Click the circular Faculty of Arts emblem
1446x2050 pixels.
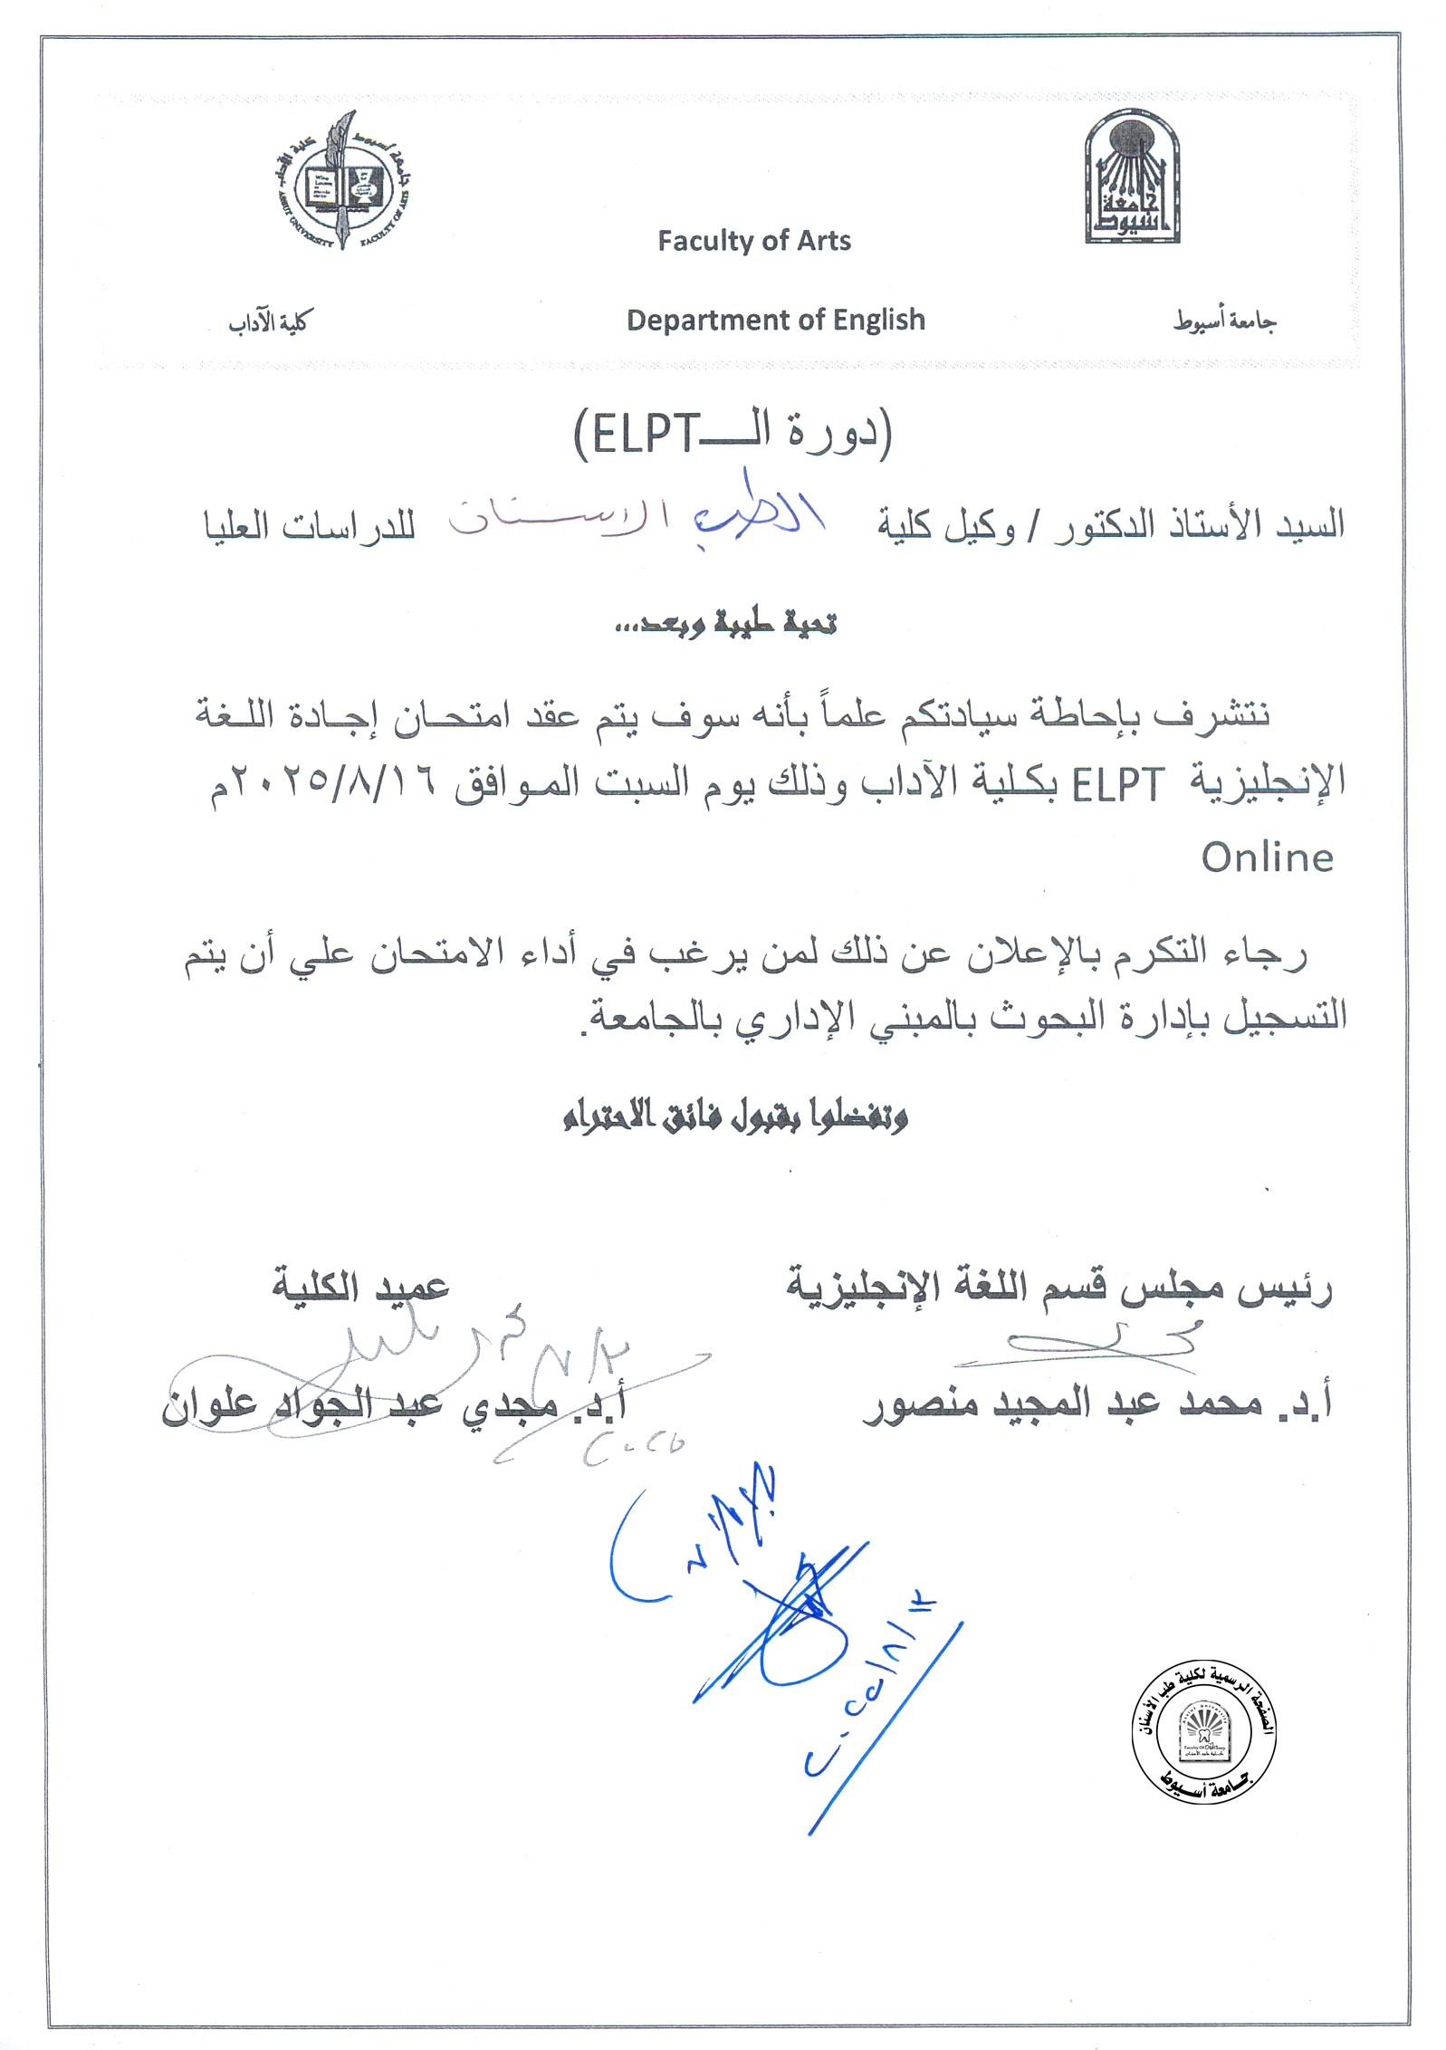pos(340,180)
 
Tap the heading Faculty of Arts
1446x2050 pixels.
pos(753,241)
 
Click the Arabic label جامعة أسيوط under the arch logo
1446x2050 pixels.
pos(1224,321)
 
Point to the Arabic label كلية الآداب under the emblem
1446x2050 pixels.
pos(268,322)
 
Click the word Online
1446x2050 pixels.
pos(1267,857)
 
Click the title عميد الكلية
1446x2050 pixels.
pos(360,1287)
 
